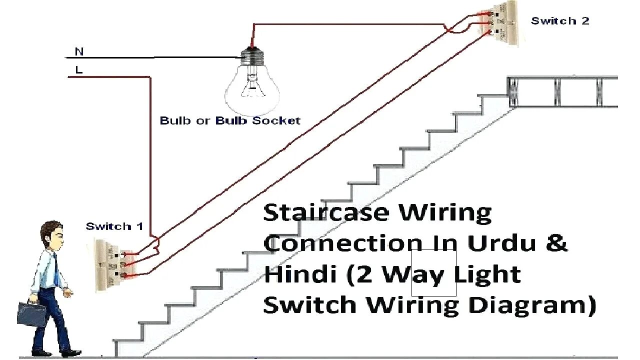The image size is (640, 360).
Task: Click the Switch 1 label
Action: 114,226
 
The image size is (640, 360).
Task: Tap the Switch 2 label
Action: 560,21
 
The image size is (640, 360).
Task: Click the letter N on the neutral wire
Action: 79,51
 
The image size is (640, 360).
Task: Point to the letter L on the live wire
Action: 79,70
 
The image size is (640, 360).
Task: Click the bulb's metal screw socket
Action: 252,55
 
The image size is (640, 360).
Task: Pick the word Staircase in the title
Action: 325,213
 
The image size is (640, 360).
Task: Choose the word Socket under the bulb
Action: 276,120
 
